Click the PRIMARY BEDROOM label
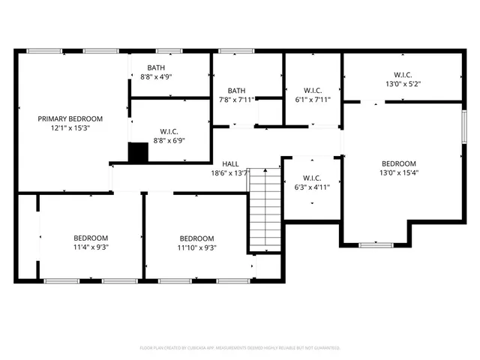(x=70, y=118)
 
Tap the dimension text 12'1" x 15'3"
(x=70, y=128)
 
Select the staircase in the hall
(x=265, y=210)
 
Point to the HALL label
(x=230, y=164)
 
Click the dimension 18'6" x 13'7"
(x=230, y=174)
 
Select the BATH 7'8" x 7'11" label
(x=236, y=90)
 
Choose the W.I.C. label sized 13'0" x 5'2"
(x=402, y=74)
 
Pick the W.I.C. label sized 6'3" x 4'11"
(x=310, y=179)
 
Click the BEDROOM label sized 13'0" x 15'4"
(x=398, y=163)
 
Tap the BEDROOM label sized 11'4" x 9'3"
(x=90, y=238)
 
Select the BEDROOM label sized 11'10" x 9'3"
(x=196, y=238)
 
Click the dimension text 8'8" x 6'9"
(x=169, y=139)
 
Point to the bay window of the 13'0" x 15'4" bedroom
(x=375, y=244)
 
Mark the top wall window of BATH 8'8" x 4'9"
(x=169, y=51)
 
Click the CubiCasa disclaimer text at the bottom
(x=240, y=348)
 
